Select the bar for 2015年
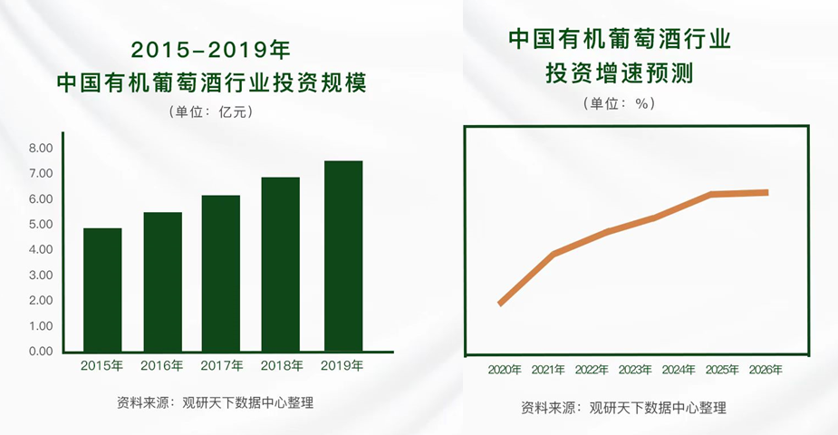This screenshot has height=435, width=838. pyautogui.click(x=102, y=290)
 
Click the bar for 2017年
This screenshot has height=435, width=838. pyautogui.click(x=221, y=274)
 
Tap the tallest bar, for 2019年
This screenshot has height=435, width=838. pyautogui.click(x=343, y=256)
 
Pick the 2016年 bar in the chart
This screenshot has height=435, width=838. pyautogui.click(x=162, y=282)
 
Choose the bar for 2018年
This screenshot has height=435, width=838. pyautogui.click(x=281, y=265)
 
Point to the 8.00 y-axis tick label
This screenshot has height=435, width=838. pyautogui.click(x=41, y=148)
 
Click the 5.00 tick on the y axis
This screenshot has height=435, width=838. pyautogui.click(x=41, y=225)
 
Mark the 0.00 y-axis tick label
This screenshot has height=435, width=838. pyautogui.click(x=41, y=352)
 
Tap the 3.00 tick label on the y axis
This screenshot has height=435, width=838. pyautogui.click(x=41, y=275)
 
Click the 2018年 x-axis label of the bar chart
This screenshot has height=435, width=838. pyautogui.click(x=282, y=365)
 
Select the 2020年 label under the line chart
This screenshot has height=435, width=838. pyautogui.click(x=505, y=370)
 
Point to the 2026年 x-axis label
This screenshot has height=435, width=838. pyautogui.click(x=766, y=370)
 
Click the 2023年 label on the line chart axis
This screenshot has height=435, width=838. pyautogui.click(x=635, y=370)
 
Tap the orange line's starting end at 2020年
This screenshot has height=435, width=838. pyautogui.click(x=500, y=304)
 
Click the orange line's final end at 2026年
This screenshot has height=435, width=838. pyautogui.click(x=767, y=192)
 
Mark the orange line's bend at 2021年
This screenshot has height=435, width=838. pyautogui.click(x=554, y=254)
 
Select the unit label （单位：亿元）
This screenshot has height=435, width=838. pyautogui.click(x=210, y=111)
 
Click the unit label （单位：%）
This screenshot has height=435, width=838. pyautogui.click(x=619, y=103)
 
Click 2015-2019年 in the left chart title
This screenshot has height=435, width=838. pyautogui.click(x=210, y=50)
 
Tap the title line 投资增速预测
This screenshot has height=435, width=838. pyautogui.click(x=619, y=72)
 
